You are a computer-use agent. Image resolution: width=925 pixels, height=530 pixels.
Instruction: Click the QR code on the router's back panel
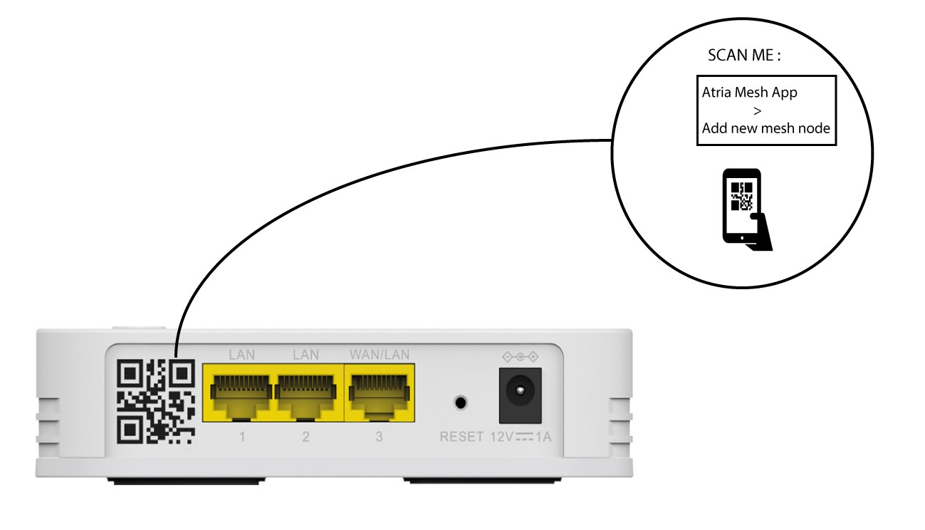point(156,402)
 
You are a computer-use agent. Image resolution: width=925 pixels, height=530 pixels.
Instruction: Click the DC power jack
point(521,395)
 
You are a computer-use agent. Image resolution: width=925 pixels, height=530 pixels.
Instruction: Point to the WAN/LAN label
point(380,355)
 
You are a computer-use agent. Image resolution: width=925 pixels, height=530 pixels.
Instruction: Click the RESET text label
point(461,437)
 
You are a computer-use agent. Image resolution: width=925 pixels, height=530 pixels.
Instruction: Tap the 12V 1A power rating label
point(521,437)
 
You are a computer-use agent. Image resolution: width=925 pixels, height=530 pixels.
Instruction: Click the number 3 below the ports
point(379,437)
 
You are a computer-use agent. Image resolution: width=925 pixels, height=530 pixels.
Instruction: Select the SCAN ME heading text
point(744,56)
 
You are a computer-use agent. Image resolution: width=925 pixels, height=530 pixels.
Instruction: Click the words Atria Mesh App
point(750,92)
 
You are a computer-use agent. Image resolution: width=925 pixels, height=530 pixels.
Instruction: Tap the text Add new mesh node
point(766,128)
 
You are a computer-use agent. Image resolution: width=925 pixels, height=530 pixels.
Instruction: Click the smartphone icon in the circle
point(746,209)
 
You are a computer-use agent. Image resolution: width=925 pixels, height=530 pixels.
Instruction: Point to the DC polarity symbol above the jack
point(521,356)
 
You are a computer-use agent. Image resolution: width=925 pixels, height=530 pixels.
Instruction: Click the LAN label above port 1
point(241,355)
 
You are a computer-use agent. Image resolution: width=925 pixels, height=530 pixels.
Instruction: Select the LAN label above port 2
point(305,355)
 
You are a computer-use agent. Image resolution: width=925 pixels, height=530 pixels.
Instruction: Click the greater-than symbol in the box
point(757,110)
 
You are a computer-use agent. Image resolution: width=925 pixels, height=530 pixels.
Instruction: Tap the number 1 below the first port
point(242,437)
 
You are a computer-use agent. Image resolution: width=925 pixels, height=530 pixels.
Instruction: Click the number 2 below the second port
point(305,437)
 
